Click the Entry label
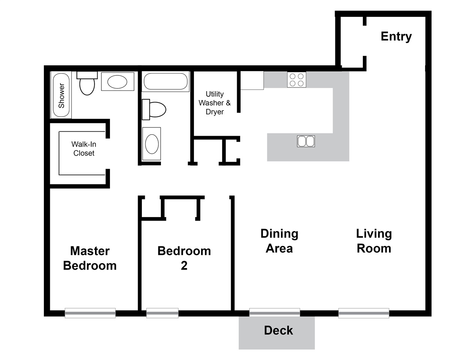pos(396,37)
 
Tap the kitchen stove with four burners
pos(296,79)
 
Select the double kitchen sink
pos(306,141)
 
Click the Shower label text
pos(62,96)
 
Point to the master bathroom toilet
pos(87,83)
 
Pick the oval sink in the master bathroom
pos(117,82)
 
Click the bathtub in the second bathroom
pos(165,81)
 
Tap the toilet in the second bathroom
pos(154,109)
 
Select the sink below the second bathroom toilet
pos(152,144)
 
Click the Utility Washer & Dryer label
pos(215,103)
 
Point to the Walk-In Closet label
pos(84,149)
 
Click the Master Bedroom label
pos(90,258)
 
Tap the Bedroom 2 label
pos(184,258)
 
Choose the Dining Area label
pos(279,241)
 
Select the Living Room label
pos(374,241)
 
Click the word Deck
pos(278,330)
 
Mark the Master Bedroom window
pos(90,313)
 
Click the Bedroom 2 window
pos(162,313)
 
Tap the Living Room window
pos(364,313)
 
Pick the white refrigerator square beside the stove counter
pos(252,80)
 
